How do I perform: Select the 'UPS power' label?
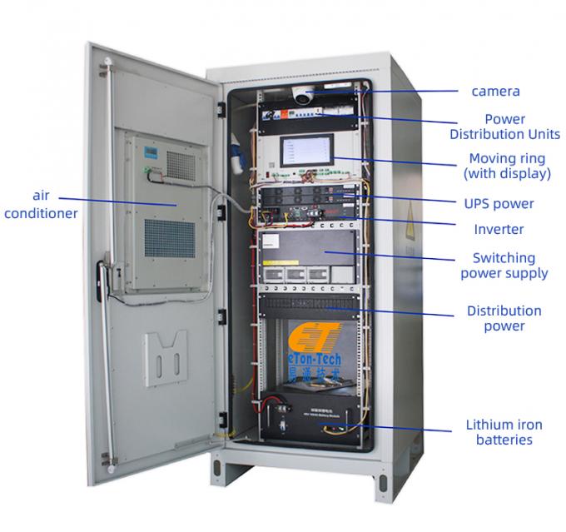point(498,203)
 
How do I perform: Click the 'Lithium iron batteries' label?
point(498,433)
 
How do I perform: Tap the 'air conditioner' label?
point(41,204)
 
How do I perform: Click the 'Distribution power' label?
point(503,318)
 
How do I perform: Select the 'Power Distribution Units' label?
point(504,127)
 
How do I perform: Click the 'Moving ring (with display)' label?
point(507,166)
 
